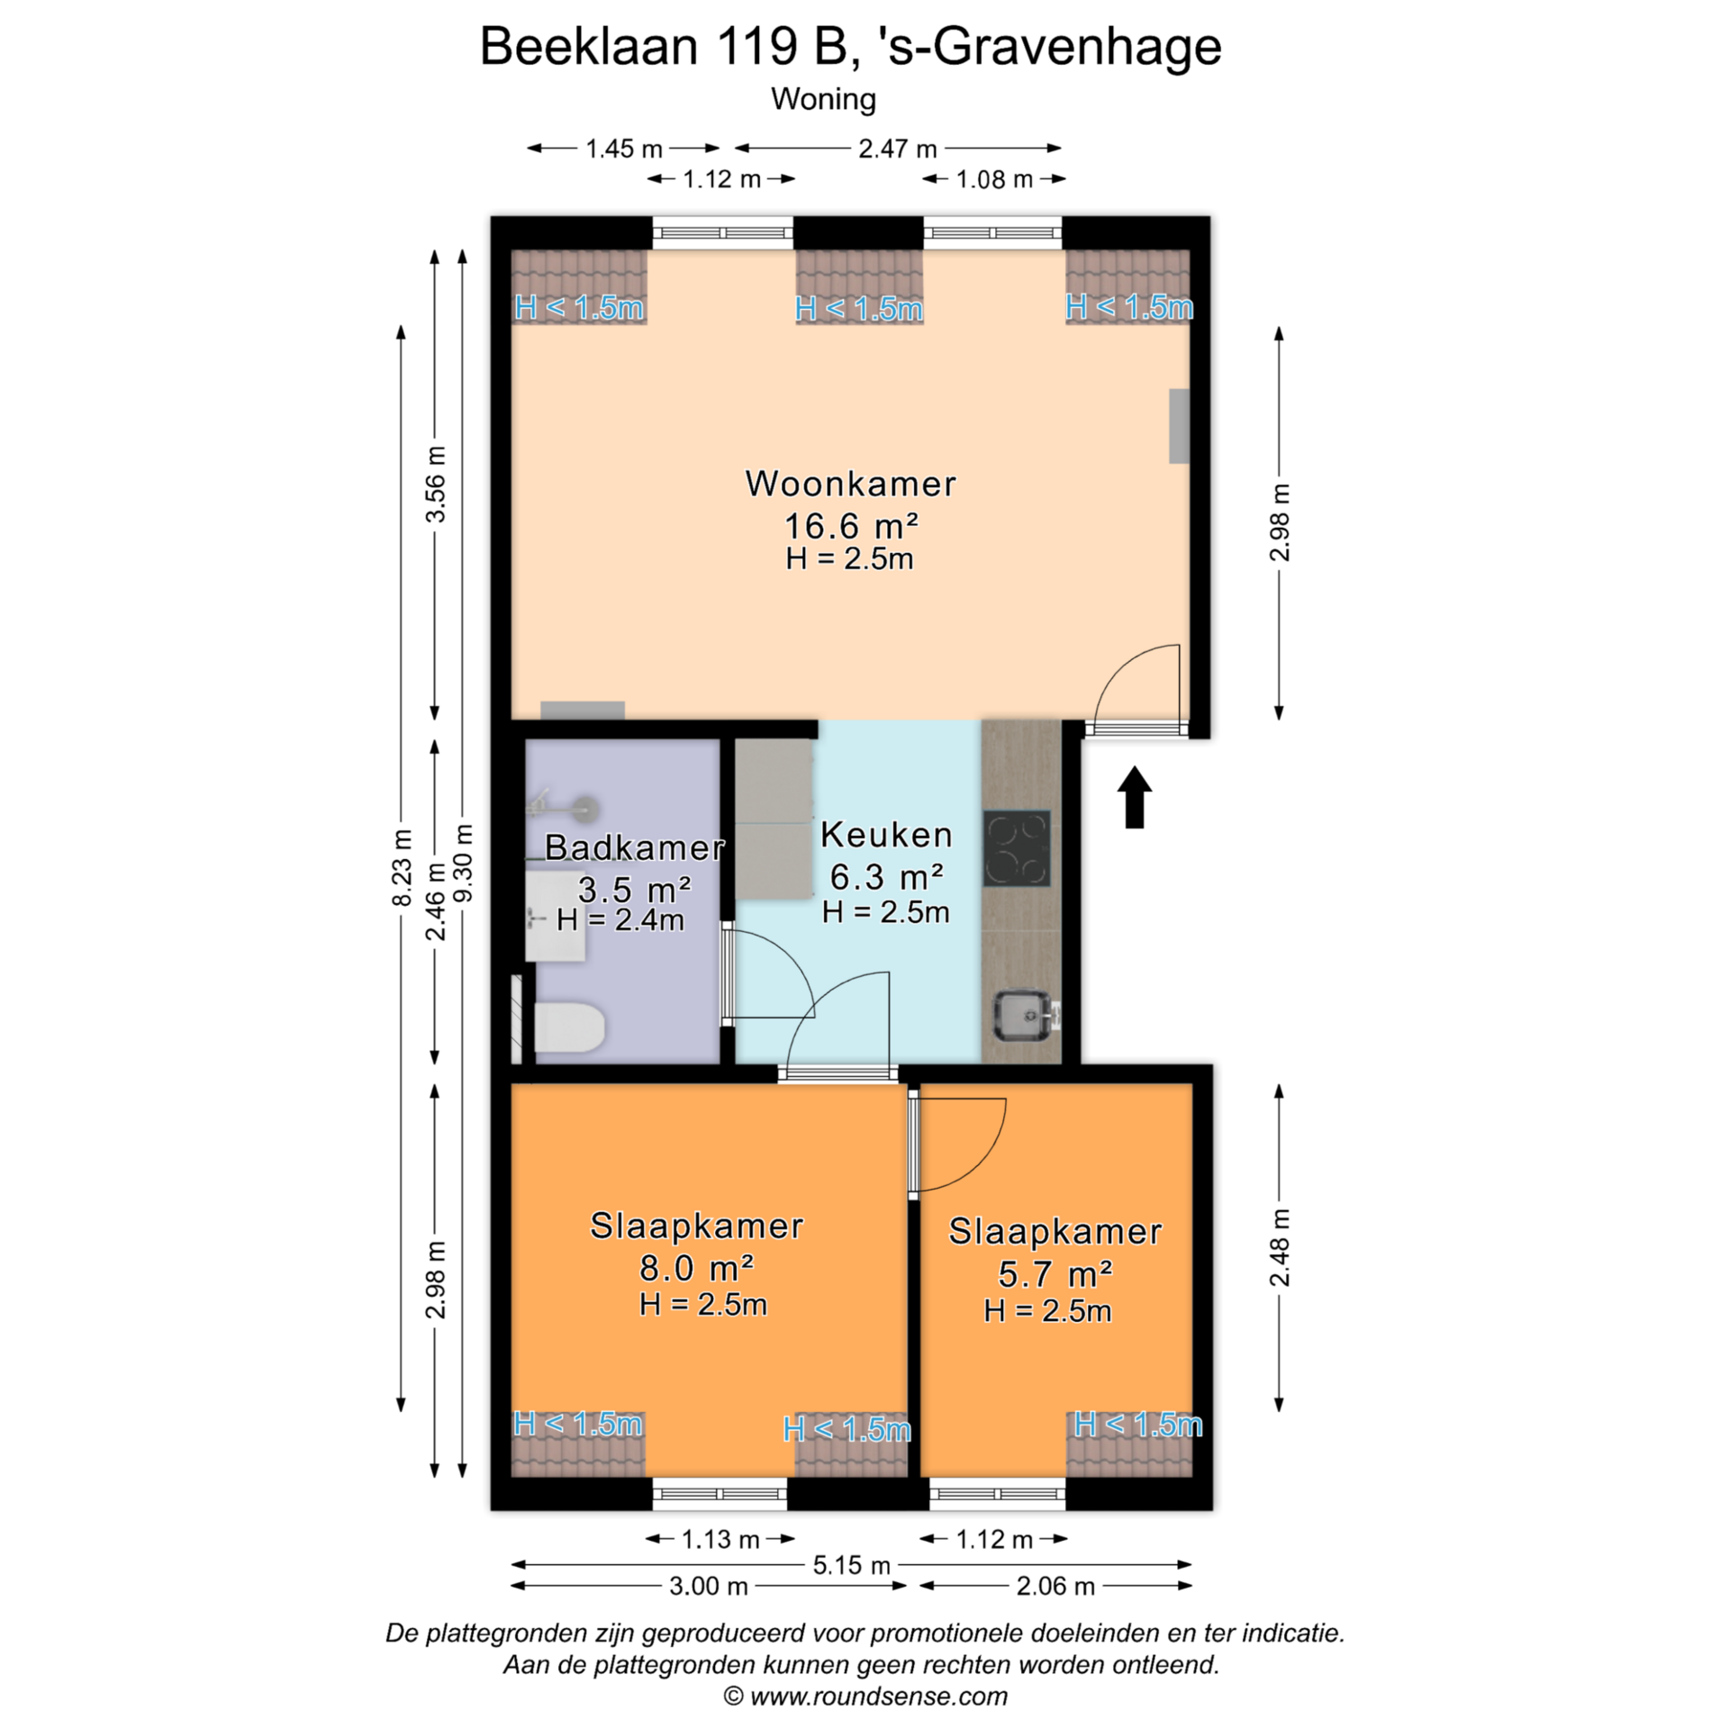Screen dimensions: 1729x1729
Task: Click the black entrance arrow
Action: click(x=1135, y=796)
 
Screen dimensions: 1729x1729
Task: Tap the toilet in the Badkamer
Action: click(x=568, y=1027)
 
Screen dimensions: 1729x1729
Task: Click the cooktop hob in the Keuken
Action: click(x=1017, y=848)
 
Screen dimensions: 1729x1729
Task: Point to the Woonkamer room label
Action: click(x=850, y=484)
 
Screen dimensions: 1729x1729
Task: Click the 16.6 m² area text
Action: click(x=851, y=525)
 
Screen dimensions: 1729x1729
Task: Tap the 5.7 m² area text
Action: click(x=1055, y=1273)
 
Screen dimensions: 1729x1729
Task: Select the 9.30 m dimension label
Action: click(x=463, y=863)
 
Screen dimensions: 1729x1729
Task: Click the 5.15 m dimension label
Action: click(x=851, y=1565)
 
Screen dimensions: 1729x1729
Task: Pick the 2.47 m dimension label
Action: click(x=897, y=149)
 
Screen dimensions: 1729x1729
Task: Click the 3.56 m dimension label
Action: click(x=435, y=484)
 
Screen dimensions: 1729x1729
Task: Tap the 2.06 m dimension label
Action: click(x=1055, y=1587)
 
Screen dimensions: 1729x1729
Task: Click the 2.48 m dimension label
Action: click(x=1279, y=1248)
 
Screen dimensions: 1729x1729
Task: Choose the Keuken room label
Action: click(x=886, y=835)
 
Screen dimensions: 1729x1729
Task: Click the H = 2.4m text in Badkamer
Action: click(x=620, y=919)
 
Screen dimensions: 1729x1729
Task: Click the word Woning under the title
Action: click(x=823, y=99)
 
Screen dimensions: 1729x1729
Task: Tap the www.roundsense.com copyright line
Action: click(x=865, y=1697)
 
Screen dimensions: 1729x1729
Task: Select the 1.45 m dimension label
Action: click(x=623, y=149)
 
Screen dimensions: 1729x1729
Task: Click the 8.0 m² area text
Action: click(x=696, y=1268)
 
